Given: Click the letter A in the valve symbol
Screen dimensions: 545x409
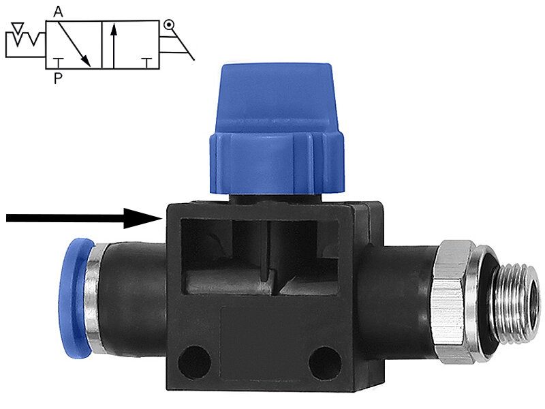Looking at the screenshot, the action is coord(58,12).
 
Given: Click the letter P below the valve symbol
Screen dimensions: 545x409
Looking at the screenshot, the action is coord(58,78).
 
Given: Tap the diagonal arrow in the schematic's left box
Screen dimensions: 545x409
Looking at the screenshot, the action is coord(74,44).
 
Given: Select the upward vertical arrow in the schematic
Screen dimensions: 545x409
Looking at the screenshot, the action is coord(114,46).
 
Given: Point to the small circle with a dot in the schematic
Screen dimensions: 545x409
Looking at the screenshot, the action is coord(168,25).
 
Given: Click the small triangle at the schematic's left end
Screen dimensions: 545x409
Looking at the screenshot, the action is coord(18,27).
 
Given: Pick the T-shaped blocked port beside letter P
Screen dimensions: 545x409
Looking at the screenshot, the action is coord(58,63).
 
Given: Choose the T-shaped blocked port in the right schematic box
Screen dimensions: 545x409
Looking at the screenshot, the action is coord(148,63).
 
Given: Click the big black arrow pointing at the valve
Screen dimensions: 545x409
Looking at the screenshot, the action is coord(84,218).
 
